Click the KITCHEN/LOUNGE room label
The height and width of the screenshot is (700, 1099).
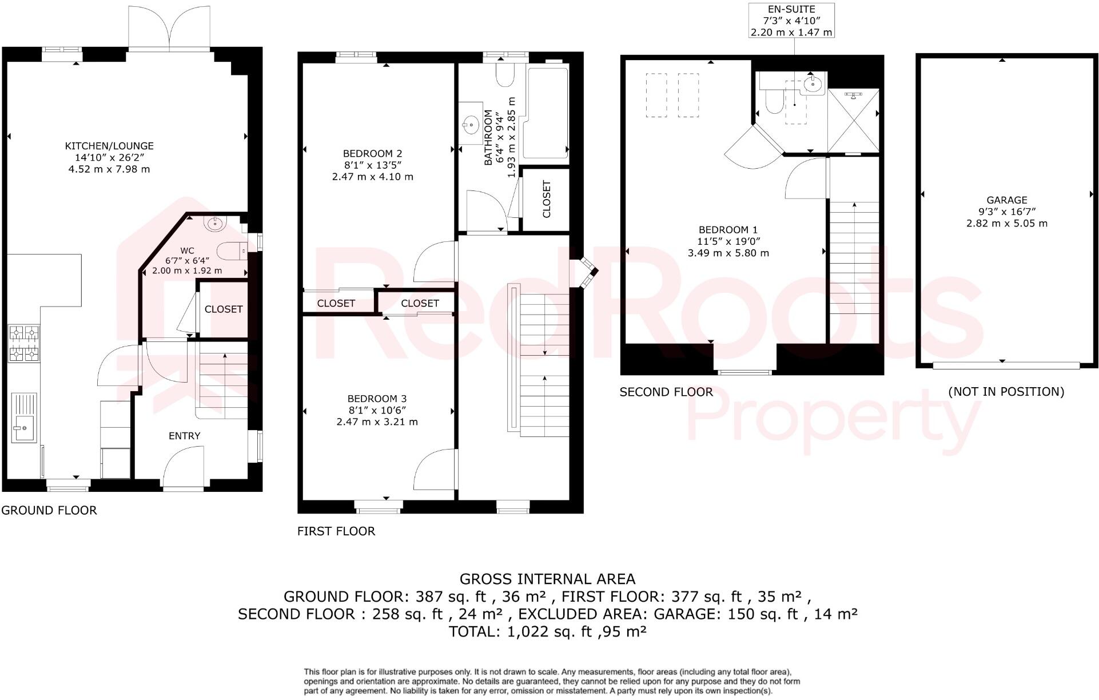point(109,146)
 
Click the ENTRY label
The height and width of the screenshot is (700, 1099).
point(184,436)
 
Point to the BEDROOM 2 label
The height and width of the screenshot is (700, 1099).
point(372,153)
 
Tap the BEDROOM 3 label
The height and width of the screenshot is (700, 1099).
point(377,399)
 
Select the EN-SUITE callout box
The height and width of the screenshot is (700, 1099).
point(791,21)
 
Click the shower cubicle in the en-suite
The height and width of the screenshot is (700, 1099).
point(853,120)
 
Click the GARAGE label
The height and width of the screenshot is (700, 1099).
point(1006,200)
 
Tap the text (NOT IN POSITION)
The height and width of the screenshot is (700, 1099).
point(1006,392)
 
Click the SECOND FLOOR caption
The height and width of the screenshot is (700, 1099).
point(666,392)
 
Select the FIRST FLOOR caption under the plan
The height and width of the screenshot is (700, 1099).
point(336,531)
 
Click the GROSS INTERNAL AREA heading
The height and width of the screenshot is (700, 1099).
point(547,579)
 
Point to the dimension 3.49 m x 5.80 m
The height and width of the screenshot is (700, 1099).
point(728,253)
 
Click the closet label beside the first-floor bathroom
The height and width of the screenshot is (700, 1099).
point(546,199)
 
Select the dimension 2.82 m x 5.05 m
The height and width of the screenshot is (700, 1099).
point(1006,224)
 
